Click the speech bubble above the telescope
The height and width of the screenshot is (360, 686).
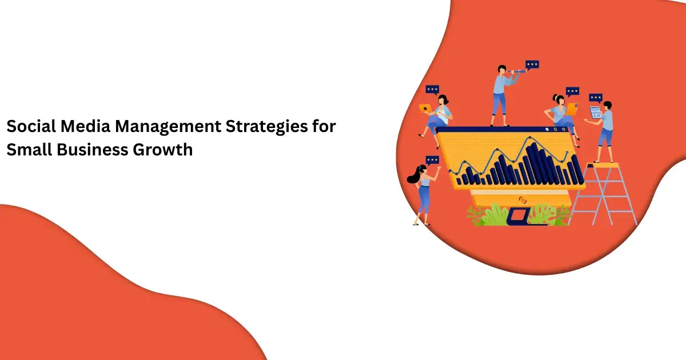pos(532,65)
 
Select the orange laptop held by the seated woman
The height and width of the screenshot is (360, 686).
pos(426,108)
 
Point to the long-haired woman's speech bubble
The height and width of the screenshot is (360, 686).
pos(432,160)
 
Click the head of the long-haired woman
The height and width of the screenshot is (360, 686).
pos(422,171)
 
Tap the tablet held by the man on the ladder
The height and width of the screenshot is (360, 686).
pos(596,112)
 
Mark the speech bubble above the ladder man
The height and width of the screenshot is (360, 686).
pos(596,97)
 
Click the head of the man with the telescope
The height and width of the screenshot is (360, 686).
pos(502,70)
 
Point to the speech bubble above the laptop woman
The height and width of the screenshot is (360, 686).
pos(432,90)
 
